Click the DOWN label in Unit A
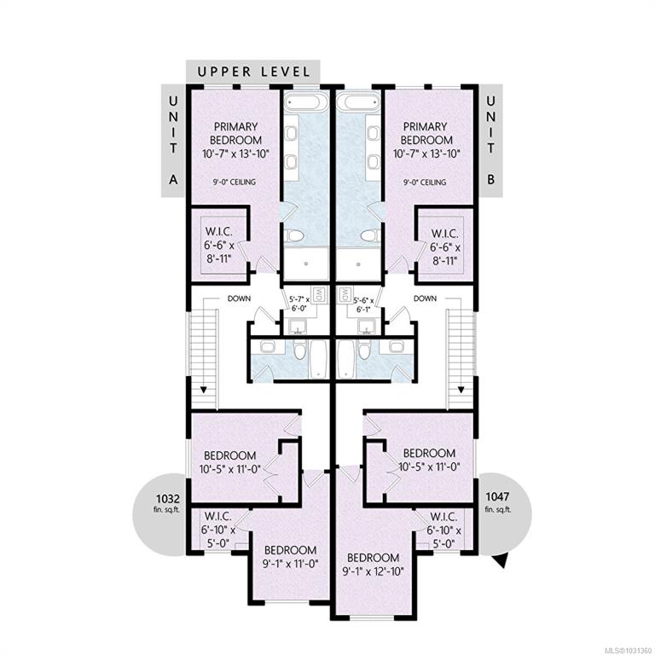tap(240, 299)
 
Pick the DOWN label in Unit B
tap(425, 299)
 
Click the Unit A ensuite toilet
tap(294, 235)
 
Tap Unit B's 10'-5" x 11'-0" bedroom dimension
tap(429, 467)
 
